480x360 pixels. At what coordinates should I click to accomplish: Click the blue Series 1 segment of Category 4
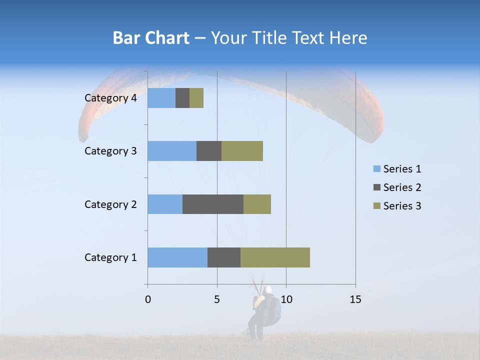point(161,98)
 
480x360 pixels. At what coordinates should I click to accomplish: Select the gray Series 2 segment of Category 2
point(213,204)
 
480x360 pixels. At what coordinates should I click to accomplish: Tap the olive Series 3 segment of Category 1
point(275,257)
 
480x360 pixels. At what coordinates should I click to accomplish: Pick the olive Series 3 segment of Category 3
point(242,151)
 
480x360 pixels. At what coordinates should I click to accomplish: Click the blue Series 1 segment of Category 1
point(177,257)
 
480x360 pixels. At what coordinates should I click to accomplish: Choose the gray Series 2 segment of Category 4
point(182,98)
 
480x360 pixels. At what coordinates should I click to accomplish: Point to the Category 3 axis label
point(110,151)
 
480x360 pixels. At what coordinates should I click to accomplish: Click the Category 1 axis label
point(110,257)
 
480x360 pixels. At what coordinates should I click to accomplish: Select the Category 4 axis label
point(110,98)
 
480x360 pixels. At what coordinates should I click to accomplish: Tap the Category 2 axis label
point(110,204)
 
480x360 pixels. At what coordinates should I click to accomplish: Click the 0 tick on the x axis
point(147,299)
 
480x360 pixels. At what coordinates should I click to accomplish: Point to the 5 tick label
point(217,299)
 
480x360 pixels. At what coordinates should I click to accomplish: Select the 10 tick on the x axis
point(286,299)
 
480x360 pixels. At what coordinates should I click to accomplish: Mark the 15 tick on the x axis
point(355,299)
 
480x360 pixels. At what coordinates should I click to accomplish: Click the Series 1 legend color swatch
point(376,169)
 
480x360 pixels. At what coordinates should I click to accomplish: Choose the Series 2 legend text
point(402,187)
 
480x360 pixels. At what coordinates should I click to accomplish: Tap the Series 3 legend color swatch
point(376,206)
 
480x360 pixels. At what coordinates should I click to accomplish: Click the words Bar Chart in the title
point(151,38)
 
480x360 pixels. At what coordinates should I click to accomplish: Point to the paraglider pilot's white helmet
point(268,289)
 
